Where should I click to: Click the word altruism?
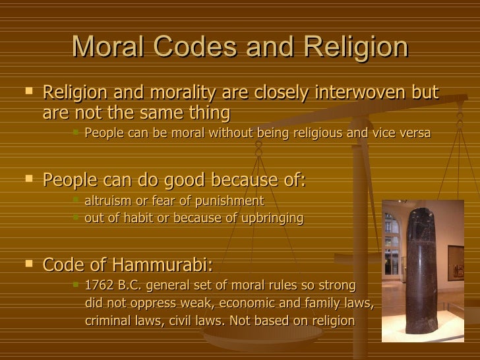coord(109,200)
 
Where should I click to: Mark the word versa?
coord(414,133)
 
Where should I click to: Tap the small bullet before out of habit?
coord(76,217)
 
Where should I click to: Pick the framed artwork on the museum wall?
coord(456,263)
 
